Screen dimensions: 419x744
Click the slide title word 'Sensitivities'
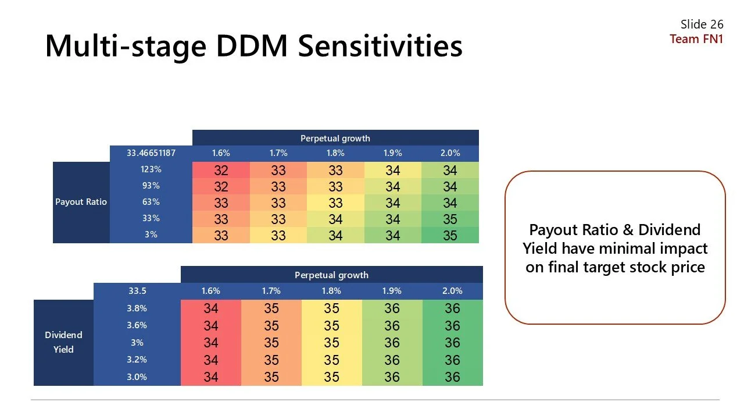[x=380, y=46]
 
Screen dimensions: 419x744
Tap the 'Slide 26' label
[x=702, y=24]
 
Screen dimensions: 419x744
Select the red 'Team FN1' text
[x=696, y=39]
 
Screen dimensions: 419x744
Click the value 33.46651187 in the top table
[x=151, y=153]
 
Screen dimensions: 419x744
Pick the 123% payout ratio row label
[x=151, y=170]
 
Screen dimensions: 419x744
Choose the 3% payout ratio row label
[x=151, y=235]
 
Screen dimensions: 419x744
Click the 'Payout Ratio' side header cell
[x=81, y=202]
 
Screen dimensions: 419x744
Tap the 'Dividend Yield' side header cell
[x=63, y=342]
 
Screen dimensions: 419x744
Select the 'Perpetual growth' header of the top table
[x=335, y=138]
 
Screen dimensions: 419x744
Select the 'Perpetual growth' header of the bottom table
[x=331, y=275]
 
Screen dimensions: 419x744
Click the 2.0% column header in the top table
[x=450, y=153]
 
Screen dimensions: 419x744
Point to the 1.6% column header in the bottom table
[x=211, y=291]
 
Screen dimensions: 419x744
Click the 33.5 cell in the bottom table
[x=137, y=291]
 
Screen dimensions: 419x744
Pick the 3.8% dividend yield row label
[x=137, y=308]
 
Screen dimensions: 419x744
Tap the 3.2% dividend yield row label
[x=137, y=360]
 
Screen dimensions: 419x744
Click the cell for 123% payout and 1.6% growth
[x=221, y=171]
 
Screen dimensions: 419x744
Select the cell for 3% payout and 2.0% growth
[x=450, y=236]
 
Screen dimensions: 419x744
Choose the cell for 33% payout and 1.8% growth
[x=335, y=219]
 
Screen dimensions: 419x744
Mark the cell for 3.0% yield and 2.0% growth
[x=452, y=377]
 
